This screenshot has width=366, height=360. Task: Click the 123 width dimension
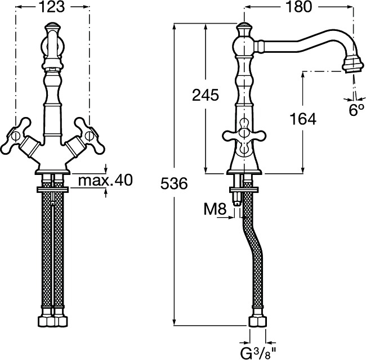coord(52,7)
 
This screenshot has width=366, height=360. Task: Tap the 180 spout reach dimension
coord(298,7)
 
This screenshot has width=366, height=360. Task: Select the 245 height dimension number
coord(206,95)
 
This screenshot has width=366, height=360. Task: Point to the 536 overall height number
coord(174,183)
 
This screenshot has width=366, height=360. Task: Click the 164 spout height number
coord(303,119)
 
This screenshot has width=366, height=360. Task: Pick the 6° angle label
coord(356,110)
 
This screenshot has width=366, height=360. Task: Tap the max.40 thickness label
coord(105,180)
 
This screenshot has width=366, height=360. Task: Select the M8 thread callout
coord(215,209)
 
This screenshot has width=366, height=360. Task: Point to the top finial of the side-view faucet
coord(244,29)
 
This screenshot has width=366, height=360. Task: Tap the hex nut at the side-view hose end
coord(258,322)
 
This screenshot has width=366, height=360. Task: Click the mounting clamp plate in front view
coord(52,190)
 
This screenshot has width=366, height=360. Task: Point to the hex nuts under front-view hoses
coord(52,322)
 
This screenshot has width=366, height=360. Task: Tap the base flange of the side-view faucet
coord(244,172)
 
